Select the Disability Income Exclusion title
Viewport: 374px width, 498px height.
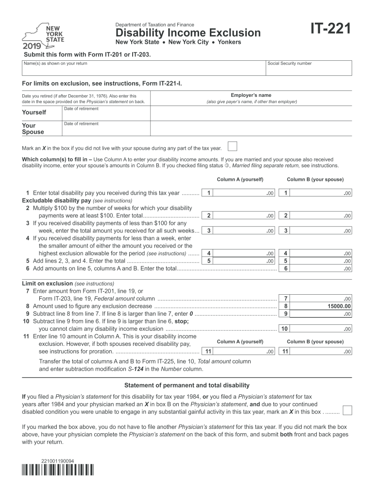click(x=188, y=33)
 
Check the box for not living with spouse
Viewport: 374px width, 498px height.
click(x=233, y=147)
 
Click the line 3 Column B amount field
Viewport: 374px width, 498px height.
click(x=323, y=231)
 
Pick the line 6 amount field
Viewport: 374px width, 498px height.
click(x=323, y=268)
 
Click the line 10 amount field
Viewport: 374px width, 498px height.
click(x=323, y=329)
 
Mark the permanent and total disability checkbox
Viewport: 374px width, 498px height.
click(x=347, y=410)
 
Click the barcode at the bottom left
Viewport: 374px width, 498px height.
click(x=58, y=470)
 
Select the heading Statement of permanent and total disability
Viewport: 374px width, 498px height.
click(x=187, y=385)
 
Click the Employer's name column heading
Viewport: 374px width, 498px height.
click(x=251, y=95)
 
